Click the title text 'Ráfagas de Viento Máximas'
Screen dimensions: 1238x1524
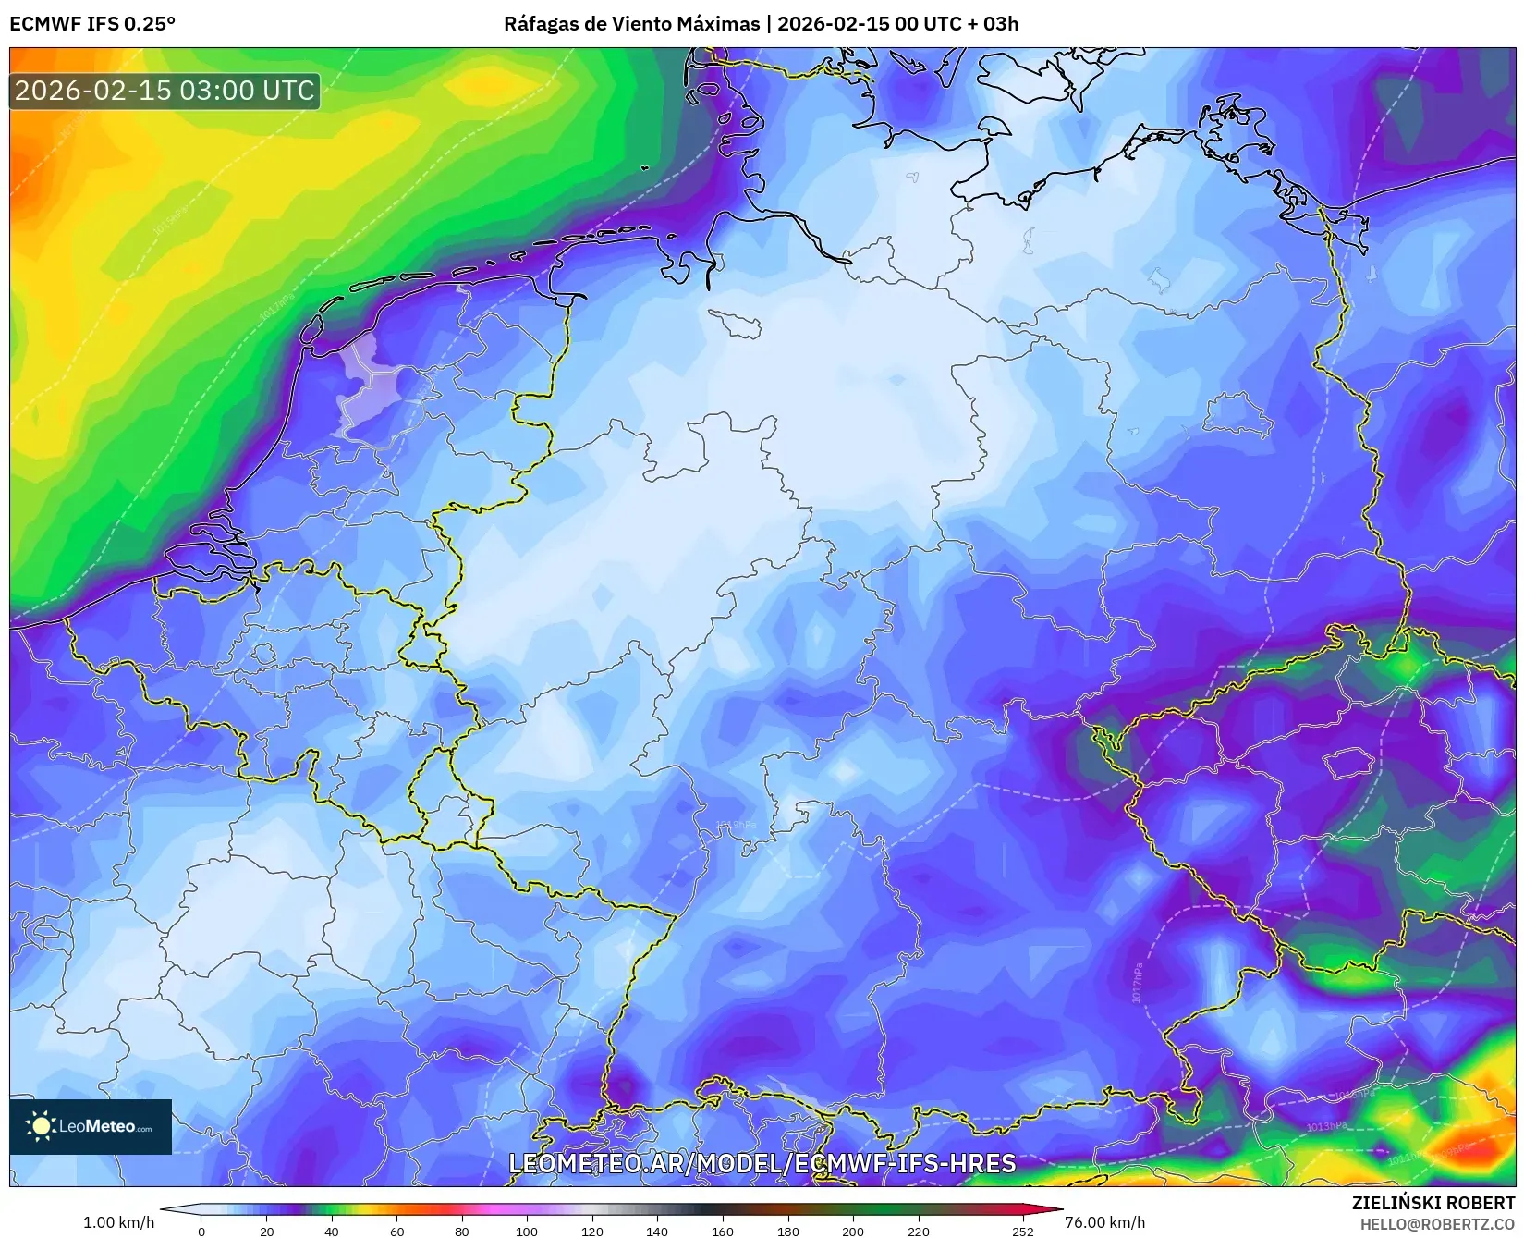[631, 24]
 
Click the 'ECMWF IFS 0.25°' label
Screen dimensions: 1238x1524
[92, 24]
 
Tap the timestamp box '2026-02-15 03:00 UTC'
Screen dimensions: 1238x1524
[165, 91]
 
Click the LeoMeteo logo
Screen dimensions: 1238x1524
[91, 1126]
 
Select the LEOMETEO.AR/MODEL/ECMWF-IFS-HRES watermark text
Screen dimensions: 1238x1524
[762, 1163]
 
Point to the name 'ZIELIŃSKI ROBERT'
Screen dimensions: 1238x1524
[1433, 1203]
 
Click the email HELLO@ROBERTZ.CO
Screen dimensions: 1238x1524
[1437, 1224]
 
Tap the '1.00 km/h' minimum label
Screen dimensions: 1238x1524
[118, 1222]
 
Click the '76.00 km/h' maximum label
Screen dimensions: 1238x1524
[1104, 1222]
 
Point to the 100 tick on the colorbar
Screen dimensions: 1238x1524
[527, 1231]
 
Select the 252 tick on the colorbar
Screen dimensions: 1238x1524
[1022, 1231]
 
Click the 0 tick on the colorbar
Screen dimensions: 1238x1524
[201, 1231]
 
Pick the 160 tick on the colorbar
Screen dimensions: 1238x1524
[723, 1231]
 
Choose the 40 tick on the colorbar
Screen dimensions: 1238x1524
[331, 1231]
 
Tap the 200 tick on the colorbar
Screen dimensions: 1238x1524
[853, 1231]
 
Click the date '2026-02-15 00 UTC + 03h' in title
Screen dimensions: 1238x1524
[897, 24]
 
